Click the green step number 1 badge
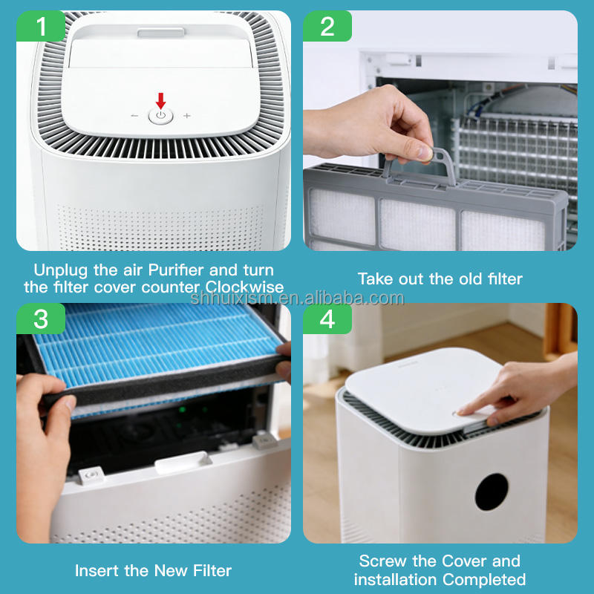pos(41,26)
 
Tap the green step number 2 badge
pos(327,26)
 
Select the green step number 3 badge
pos(41,319)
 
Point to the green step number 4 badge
pos(327,319)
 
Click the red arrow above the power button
pos(161,101)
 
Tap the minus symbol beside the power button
pos(134,116)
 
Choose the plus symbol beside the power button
pos(187,116)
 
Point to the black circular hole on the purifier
pos(492,492)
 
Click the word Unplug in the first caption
pos(61,271)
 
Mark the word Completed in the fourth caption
pos(484,580)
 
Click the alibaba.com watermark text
pos(298,298)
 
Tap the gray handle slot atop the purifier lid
pos(161,33)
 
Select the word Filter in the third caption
pos(212,570)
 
